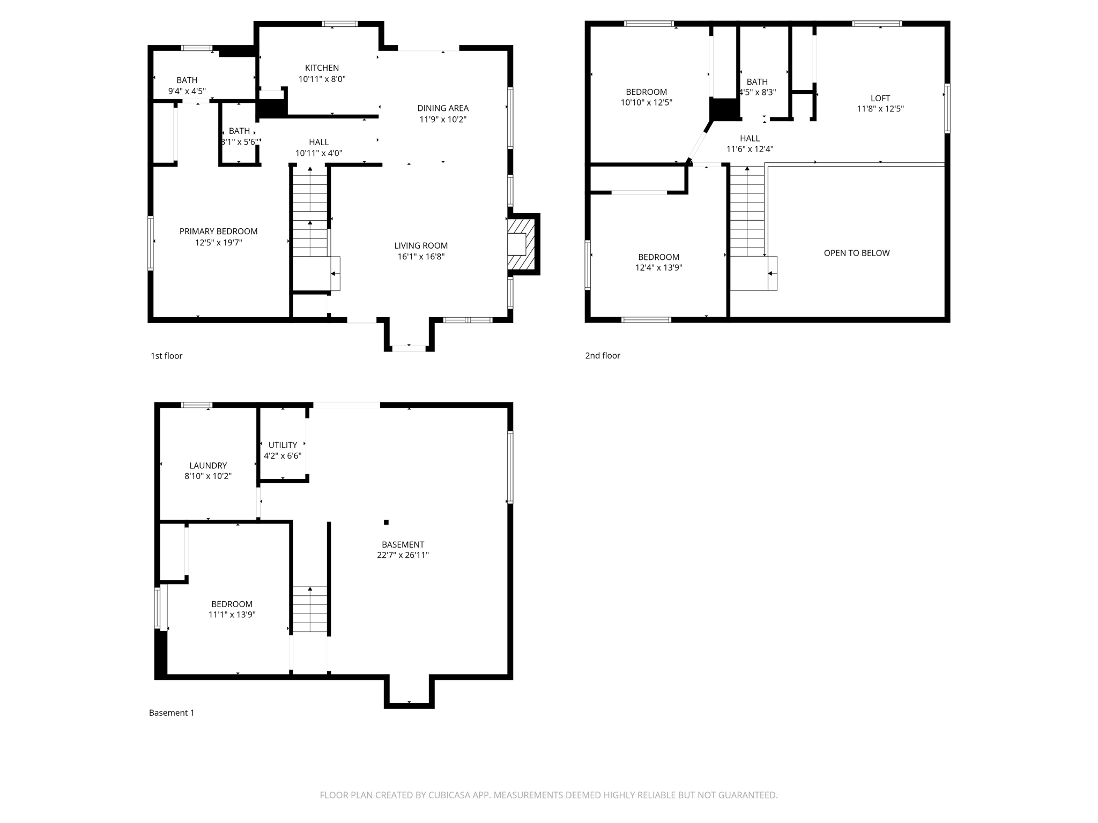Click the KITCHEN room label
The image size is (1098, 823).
click(322, 68)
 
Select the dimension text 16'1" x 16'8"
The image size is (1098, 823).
click(421, 257)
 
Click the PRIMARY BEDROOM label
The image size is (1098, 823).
click(218, 231)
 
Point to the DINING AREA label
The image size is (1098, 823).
click(443, 108)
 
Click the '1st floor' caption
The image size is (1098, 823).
click(166, 356)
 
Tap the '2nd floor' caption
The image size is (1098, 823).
click(603, 356)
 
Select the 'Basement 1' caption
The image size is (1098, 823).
click(172, 713)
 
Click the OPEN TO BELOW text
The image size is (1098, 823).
click(856, 253)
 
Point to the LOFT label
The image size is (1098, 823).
click(880, 98)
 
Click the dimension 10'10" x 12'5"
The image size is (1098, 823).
click(646, 102)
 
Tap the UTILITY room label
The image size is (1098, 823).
click(283, 445)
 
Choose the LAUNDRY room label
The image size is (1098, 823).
click(208, 466)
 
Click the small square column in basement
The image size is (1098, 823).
click(386, 522)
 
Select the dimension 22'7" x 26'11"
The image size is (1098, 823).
click(403, 555)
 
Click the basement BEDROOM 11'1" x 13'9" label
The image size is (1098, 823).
click(232, 604)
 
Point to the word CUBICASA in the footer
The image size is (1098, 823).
click(449, 795)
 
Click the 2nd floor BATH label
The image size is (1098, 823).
click(757, 82)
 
